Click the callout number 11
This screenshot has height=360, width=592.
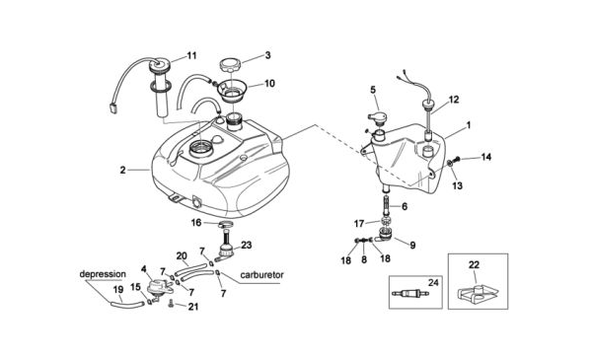[x=191, y=56]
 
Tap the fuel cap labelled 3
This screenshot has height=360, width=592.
[x=231, y=65]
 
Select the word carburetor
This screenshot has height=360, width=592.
[x=261, y=275]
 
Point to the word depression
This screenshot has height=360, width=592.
[x=103, y=274]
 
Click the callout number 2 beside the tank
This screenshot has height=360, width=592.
[x=122, y=171]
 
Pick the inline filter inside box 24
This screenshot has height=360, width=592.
[x=410, y=293]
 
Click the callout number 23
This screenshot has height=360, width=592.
[x=246, y=246]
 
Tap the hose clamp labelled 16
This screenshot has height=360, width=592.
[x=225, y=225]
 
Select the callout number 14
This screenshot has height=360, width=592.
[x=485, y=157]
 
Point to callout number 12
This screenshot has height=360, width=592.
[x=454, y=100]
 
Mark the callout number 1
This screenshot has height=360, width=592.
[x=469, y=125]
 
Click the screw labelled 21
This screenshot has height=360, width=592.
[x=171, y=303]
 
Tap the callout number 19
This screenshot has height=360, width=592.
[x=118, y=290]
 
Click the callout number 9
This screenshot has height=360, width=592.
[x=412, y=246]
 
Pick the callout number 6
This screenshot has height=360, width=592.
[x=405, y=206]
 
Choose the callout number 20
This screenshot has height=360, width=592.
[x=182, y=256]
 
